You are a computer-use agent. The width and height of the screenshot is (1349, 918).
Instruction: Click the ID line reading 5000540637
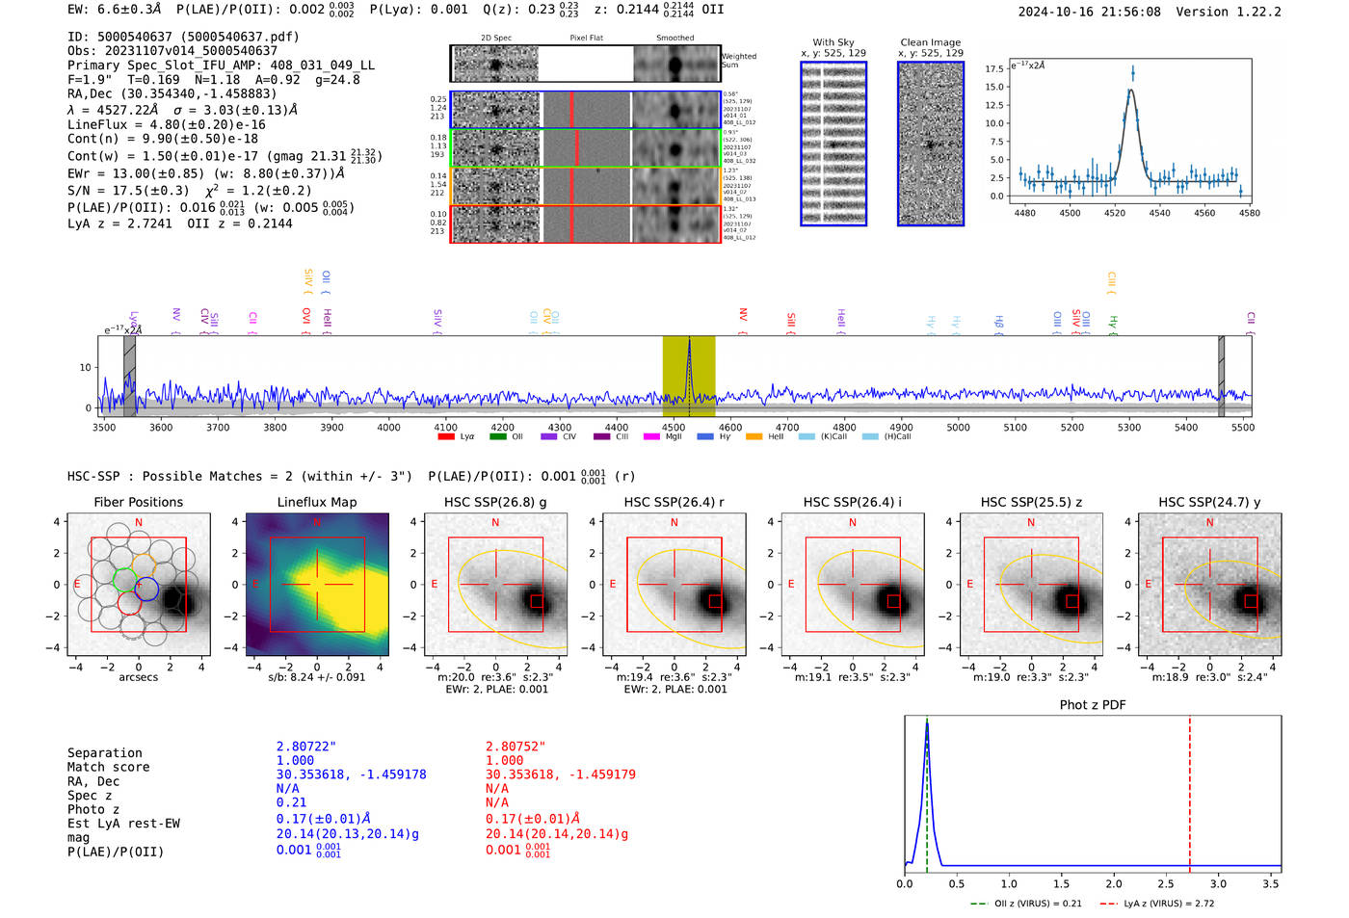coord(183,37)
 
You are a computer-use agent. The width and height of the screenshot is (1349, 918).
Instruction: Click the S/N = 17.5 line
coord(135,191)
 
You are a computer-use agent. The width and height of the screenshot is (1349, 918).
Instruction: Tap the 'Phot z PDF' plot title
coord(1093,705)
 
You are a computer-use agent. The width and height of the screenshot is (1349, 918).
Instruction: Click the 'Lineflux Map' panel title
coord(316,502)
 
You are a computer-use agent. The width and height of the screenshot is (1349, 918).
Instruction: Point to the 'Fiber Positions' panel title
coord(138,502)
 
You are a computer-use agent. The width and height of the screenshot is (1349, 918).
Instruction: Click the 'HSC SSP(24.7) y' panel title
coord(1209,502)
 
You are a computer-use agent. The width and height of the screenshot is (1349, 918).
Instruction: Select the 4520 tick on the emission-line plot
coord(1115,213)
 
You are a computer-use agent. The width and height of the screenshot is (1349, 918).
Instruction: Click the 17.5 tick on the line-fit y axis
coord(993,69)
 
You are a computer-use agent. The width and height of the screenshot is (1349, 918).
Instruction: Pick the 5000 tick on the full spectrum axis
coord(958,428)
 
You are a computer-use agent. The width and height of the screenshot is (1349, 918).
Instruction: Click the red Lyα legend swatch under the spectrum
coord(446,437)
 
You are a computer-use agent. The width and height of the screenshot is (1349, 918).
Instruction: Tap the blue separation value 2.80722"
coord(306,747)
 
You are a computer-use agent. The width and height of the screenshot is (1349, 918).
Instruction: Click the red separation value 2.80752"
coord(516,747)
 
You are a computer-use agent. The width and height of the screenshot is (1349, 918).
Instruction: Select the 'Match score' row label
coord(108,768)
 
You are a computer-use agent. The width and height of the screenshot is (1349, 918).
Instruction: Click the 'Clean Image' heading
coord(930,42)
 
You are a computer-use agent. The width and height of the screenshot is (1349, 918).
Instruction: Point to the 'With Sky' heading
coord(833,42)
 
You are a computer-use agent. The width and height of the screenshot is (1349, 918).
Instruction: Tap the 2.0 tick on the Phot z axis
coord(1113,883)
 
